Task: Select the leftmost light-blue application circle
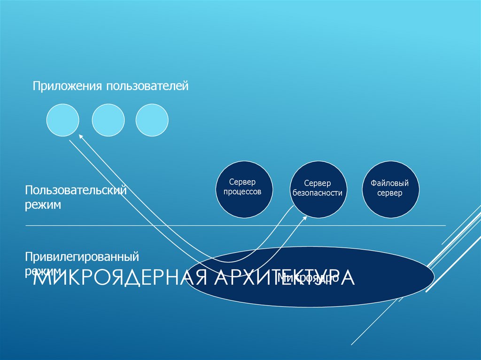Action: pyautogui.click(x=63, y=120)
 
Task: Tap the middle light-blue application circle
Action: pyautogui.click(x=108, y=120)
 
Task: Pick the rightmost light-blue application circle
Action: pyautogui.click(x=152, y=120)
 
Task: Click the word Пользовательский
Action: pyautogui.click(x=77, y=191)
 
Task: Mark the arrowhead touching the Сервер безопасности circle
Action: pyautogui.click(x=304, y=218)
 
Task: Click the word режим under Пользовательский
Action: pyautogui.click(x=44, y=206)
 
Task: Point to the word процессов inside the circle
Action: pyautogui.click(x=242, y=192)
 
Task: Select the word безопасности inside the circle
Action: pyautogui.click(x=317, y=193)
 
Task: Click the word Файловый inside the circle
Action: pyautogui.click(x=389, y=183)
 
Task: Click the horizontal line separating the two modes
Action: pyautogui.click(x=141, y=226)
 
